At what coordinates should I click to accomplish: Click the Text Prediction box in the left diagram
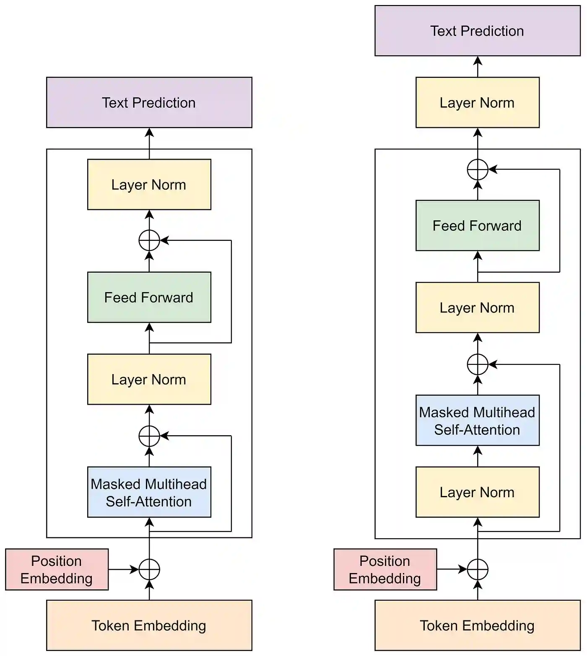[149, 102]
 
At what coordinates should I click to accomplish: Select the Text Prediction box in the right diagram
[477, 31]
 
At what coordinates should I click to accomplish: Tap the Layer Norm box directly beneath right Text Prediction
[477, 102]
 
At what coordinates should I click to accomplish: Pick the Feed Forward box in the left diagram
[149, 297]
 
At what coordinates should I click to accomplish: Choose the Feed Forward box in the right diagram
[477, 225]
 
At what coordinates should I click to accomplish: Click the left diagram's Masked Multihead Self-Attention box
[149, 492]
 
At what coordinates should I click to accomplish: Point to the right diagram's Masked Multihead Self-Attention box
[477, 420]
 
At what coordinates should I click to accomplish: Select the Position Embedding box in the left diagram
[57, 569]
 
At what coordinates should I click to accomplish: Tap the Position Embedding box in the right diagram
[385, 569]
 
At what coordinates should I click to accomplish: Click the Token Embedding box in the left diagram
[149, 625]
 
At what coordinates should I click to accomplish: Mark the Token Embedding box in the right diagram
[477, 625]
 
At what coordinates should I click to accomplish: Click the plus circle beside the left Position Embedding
[149, 569]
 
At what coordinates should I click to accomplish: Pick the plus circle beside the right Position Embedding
[478, 569]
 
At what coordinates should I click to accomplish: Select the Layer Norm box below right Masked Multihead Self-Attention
[477, 492]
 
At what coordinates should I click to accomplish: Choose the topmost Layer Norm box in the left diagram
[149, 184]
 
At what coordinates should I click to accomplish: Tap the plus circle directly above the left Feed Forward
[149, 240]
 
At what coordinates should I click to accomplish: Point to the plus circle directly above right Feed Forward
[478, 170]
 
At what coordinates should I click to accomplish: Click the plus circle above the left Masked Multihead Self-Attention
[149, 436]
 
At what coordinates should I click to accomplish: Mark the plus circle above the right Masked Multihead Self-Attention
[478, 364]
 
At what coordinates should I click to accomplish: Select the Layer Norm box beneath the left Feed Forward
[149, 379]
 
